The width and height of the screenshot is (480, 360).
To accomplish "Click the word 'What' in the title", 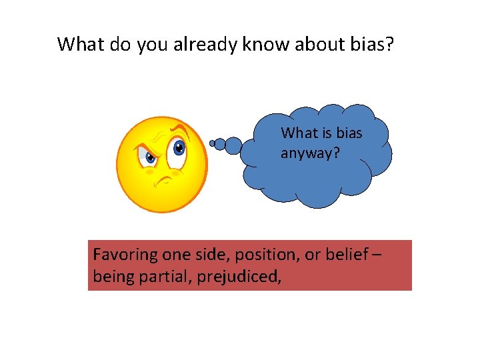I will pyautogui.click(x=81, y=45).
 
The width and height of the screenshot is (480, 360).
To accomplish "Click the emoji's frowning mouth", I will pyautogui.click(x=162, y=180).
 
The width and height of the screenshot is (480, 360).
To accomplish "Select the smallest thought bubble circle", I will pyautogui.click(x=213, y=143).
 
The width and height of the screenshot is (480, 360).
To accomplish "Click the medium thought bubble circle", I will pyautogui.click(x=232, y=144).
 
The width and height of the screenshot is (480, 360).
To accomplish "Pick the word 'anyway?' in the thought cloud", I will pyautogui.click(x=310, y=153).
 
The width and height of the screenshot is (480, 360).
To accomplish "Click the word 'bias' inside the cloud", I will pyautogui.click(x=349, y=133).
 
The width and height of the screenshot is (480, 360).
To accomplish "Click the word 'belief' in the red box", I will pyautogui.click(x=341, y=255).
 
